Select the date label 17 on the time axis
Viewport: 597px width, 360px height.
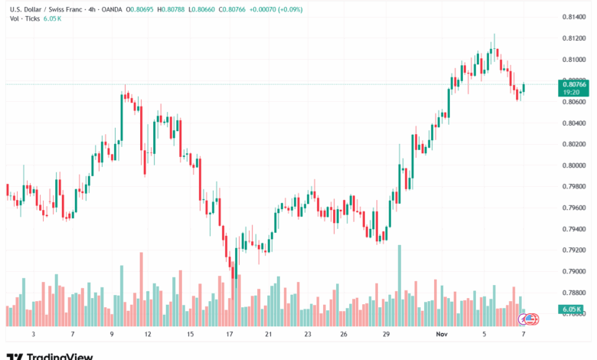coord(229,335)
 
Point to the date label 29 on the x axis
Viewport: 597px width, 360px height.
coord(386,335)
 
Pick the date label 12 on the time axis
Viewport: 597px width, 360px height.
coord(147,335)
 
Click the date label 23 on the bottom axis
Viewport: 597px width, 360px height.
coord(307,335)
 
